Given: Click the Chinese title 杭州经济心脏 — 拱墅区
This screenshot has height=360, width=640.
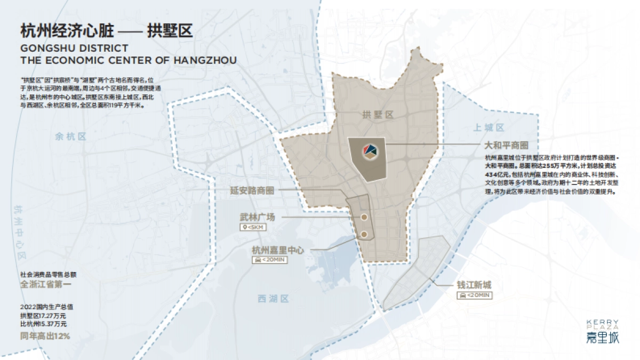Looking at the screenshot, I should point(107,30).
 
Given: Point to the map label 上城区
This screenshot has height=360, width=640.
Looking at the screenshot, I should point(489,127).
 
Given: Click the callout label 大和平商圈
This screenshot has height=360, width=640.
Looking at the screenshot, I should point(506,145).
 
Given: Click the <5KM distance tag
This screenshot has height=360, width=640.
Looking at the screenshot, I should point(253,228).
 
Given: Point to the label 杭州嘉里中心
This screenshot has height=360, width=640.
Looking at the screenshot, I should point(277,250).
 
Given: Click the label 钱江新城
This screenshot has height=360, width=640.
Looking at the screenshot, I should point(474,285).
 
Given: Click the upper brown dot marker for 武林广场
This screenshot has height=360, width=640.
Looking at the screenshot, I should point(364,218).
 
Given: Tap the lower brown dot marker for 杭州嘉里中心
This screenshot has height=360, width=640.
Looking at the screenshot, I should point(364,234).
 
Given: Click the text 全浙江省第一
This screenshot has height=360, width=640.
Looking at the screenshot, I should point(45,284).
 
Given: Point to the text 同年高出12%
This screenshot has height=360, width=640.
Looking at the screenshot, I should point(45,336).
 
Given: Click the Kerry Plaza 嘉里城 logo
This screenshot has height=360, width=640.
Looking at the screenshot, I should point(602,332).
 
